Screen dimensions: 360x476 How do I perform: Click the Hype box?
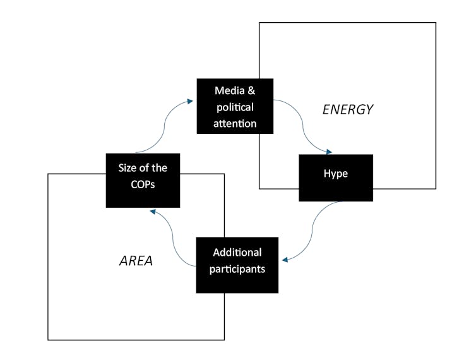pyautogui.click(x=335, y=177)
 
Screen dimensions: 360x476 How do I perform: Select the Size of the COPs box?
pyautogui.click(x=143, y=180)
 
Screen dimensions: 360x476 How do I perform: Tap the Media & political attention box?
pyautogui.click(x=235, y=106)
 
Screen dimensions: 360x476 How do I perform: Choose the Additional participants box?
pyautogui.click(x=237, y=265)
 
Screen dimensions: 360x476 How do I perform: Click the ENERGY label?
pyautogui.click(x=348, y=109)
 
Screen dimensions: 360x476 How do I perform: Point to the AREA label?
pyautogui.click(x=136, y=261)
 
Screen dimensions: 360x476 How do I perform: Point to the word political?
pyautogui.click(x=235, y=107)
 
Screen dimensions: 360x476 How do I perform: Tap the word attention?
pyautogui.click(x=235, y=123)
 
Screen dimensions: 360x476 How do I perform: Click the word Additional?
pyautogui.click(x=237, y=253)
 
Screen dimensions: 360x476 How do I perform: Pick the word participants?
pyautogui.click(x=237, y=269)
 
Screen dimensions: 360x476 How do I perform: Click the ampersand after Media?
pyautogui.click(x=251, y=90)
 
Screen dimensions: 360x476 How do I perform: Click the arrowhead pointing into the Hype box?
pyautogui.click(x=328, y=152)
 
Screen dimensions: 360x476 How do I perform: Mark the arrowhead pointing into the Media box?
pyautogui.click(x=190, y=100)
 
